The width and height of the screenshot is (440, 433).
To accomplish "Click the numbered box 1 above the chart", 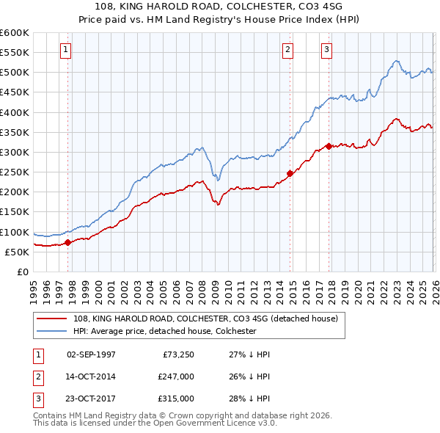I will point(66,50).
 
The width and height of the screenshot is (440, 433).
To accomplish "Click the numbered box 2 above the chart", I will point(287,50).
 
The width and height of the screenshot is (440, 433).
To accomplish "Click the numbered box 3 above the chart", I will point(326,50).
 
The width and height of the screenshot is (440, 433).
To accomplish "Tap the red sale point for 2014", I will point(290,173).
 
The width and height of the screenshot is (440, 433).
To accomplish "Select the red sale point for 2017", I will point(329,146).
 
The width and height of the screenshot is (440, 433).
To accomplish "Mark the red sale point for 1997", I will point(68,242).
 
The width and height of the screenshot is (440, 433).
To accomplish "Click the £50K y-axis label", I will point(18,252).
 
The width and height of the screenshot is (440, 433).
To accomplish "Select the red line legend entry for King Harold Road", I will point(205,319).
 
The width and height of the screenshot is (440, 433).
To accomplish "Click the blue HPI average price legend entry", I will point(164,331).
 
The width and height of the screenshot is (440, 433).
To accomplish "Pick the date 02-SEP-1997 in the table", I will point(91,354).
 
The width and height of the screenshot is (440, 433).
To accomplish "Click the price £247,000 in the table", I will point(175,376).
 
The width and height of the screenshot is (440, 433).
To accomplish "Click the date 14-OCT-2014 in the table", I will point(91,376).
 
